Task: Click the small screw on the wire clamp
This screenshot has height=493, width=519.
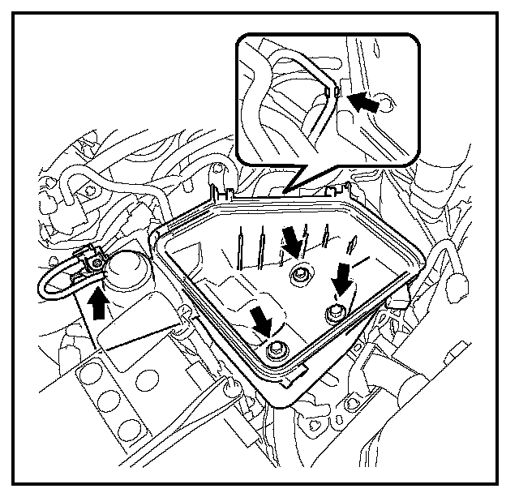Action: point(96,261)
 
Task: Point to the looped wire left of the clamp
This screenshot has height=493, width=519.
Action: point(50,280)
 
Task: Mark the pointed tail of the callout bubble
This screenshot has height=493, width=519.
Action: point(296,188)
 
